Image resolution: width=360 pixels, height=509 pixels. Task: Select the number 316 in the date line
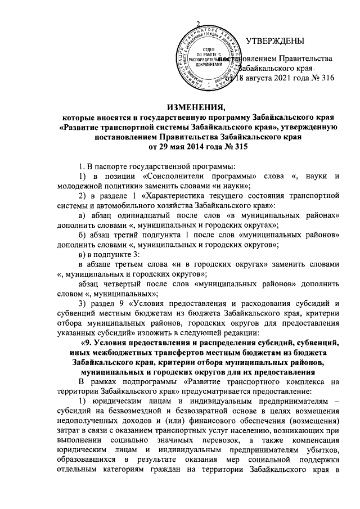coord(326,78)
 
